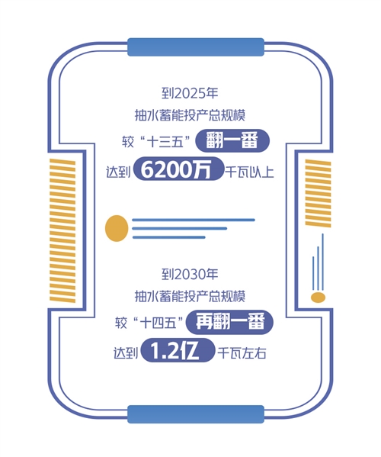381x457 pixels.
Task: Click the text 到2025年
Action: pos(190,93)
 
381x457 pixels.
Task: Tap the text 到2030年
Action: pos(190,274)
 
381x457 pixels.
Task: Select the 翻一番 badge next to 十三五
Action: pos(232,141)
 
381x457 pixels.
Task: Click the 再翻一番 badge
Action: pos(229,322)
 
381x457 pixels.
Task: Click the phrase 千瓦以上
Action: pos(250,171)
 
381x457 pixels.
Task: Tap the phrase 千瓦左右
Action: pos(242,353)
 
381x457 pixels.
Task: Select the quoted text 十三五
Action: pos(166,143)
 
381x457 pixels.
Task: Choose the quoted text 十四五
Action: pos(158,323)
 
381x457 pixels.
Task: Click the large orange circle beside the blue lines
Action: pos(117,228)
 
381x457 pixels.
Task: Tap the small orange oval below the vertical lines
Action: pos(318,298)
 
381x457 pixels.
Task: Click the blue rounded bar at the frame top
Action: pos(196,47)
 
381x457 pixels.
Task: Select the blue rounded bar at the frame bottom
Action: pos(196,414)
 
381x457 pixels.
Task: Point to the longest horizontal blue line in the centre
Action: pos(194,220)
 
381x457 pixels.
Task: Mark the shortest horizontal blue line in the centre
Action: pos(169,237)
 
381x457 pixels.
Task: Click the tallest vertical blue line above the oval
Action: pos(322,262)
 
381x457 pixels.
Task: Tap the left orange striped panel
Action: pos(62,230)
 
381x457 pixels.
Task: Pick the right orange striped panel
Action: pos(318,193)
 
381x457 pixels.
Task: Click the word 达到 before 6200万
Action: pos(118,172)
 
